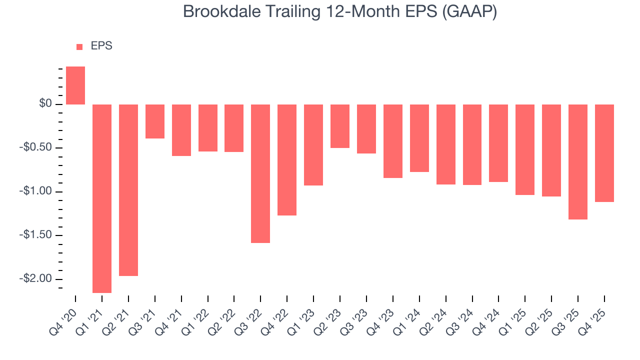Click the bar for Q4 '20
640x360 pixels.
click(x=75, y=85)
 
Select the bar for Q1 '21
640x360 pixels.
click(x=102, y=198)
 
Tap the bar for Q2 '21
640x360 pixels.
click(x=128, y=190)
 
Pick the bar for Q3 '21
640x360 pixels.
click(x=155, y=121)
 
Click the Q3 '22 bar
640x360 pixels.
click(x=260, y=173)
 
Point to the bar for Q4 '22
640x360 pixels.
click(x=287, y=160)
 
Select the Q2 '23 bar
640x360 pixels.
click(x=340, y=126)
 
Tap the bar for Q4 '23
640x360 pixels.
click(x=393, y=141)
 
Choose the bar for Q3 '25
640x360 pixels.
click(x=578, y=162)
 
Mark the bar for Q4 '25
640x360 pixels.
click(x=604, y=153)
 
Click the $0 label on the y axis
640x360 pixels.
click(x=46, y=104)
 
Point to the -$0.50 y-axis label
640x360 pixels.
click(x=38, y=148)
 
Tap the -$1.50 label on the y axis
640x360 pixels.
click(x=38, y=235)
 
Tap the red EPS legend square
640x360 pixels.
click(x=79, y=46)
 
